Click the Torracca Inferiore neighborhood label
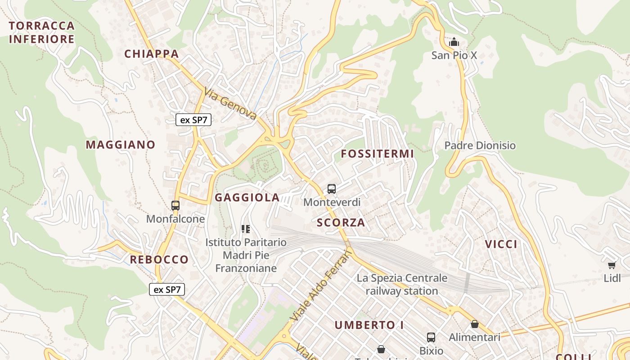[x=41, y=32]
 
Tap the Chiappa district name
[x=152, y=54]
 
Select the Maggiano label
[x=121, y=145]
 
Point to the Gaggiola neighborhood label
[x=247, y=198]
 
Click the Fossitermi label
[x=377, y=154]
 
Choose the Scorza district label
[x=341, y=223]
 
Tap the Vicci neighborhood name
[x=501, y=244]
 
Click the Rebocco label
[x=159, y=260]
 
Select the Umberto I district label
[x=369, y=325]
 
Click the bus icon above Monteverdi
[x=332, y=189]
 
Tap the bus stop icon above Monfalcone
[x=175, y=206]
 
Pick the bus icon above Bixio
[x=431, y=337]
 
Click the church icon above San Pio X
[x=454, y=43]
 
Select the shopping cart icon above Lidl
[x=612, y=265]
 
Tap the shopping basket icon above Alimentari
[x=474, y=324]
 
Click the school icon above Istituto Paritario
[x=246, y=229]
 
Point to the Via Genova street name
[x=230, y=104]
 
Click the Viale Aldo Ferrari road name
[x=321, y=285]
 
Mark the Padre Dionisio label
[x=480, y=145]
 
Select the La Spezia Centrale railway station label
[x=402, y=284]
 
